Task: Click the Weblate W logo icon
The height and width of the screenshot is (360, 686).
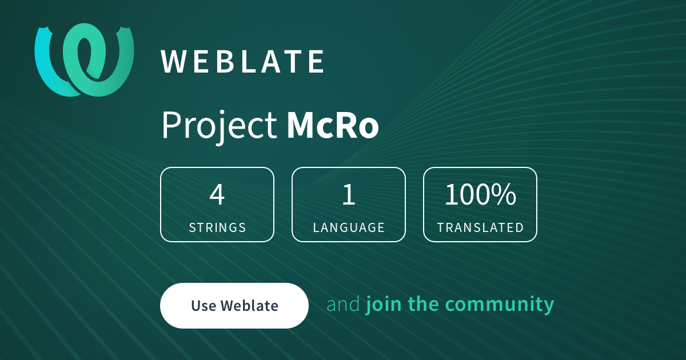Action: coord(85,60)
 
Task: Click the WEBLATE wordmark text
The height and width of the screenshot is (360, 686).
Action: coord(243,62)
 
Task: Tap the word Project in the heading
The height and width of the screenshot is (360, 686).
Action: coord(219,126)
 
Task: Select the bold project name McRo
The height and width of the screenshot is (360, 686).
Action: coord(333,126)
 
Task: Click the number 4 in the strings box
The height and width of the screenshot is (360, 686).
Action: coord(217,195)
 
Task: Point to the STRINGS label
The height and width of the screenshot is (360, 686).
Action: coord(217,227)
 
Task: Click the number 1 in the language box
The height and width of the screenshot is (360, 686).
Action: coord(349,195)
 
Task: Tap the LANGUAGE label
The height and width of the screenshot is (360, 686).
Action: coord(349,227)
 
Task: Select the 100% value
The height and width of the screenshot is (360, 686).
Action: coord(480,195)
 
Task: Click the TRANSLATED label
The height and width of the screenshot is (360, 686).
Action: coord(480,227)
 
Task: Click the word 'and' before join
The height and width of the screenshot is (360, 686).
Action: coord(343,305)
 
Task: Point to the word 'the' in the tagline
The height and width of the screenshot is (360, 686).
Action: coord(424,305)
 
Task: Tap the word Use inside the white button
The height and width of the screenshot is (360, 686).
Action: coord(203,306)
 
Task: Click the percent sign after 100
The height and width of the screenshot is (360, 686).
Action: coord(505,195)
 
